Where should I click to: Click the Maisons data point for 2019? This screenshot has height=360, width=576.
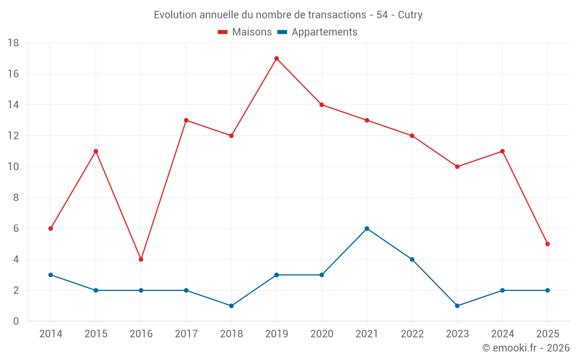[x=276, y=58]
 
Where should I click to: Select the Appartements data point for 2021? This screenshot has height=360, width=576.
[x=367, y=229]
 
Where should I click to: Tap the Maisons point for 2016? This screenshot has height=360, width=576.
[x=141, y=259]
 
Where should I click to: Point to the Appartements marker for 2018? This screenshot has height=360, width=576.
[x=232, y=306]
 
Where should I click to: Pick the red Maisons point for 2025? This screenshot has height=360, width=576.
[x=548, y=244]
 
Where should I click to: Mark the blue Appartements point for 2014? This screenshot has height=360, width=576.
[x=51, y=275]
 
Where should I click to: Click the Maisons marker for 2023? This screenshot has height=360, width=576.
[x=457, y=166]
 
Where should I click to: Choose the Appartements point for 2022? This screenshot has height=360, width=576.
[x=412, y=259]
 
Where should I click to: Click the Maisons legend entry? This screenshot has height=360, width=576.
[x=245, y=32]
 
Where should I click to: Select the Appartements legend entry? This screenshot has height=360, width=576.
[x=317, y=32]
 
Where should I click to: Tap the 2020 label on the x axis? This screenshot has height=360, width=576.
[x=322, y=334]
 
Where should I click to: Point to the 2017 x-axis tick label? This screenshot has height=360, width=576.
[x=186, y=334]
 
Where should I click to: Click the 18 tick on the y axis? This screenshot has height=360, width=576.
[x=13, y=43]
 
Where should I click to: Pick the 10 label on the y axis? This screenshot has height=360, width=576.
[x=13, y=167]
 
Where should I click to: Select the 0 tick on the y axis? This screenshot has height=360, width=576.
[x=16, y=321]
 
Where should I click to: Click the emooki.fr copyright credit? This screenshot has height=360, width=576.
[x=526, y=348]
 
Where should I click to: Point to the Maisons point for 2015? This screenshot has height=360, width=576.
[x=96, y=151]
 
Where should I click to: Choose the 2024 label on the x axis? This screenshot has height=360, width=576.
[x=502, y=334]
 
